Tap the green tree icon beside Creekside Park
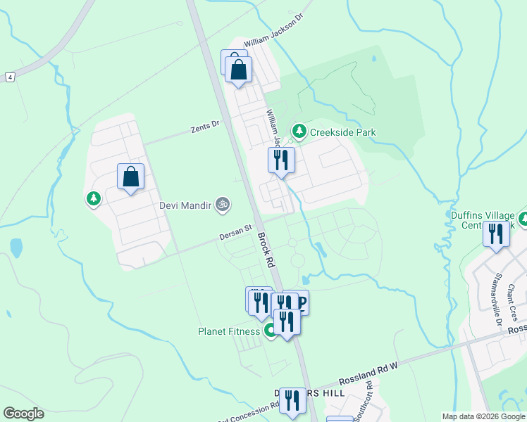click(299, 132)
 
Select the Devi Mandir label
click(185, 205)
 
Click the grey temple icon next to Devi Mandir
click(222, 205)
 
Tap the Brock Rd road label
click(266, 250)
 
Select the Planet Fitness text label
click(228, 331)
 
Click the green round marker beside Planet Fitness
click(270, 331)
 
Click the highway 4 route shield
click(10, 76)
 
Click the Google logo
click(23, 414)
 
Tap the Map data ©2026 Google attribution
click(483, 416)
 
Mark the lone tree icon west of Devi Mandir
click(93, 199)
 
